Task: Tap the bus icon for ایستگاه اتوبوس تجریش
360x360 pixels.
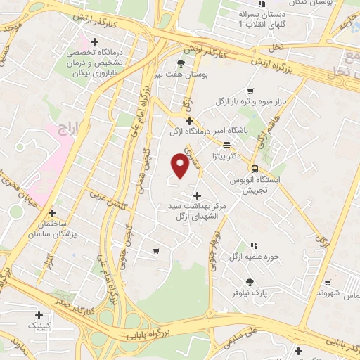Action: click(x=255, y=169)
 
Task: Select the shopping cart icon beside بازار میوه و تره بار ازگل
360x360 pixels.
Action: click(x=250, y=91)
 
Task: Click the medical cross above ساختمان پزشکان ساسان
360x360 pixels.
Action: click(x=53, y=213)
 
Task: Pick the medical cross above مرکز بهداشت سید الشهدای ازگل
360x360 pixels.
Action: click(x=196, y=195)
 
